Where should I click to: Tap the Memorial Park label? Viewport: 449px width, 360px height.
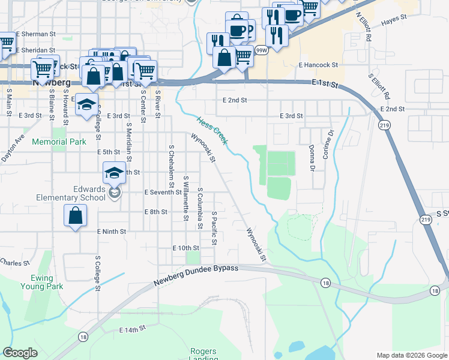[x=59, y=142]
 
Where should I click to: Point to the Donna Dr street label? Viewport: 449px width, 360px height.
[x=312, y=157]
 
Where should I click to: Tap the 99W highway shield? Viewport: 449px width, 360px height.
[x=261, y=51]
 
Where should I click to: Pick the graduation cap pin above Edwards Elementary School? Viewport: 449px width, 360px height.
[x=113, y=173]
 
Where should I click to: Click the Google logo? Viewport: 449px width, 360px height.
[x=20, y=353]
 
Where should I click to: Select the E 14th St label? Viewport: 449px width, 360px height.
[x=133, y=329]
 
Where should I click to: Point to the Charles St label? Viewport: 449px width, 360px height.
[x=14, y=263]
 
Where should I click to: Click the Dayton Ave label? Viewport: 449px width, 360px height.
[x=13, y=148]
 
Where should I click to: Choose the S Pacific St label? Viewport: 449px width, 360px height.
[x=213, y=228]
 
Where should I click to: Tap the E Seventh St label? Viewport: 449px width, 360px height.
[x=163, y=192]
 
